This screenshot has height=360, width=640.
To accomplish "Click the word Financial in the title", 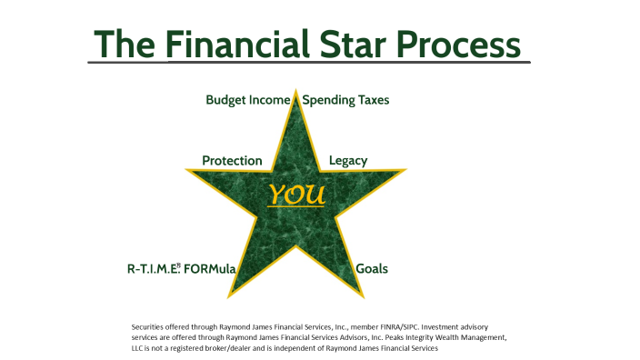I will [x=232, y=43].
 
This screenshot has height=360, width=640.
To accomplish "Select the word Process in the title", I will [x=463, y=43].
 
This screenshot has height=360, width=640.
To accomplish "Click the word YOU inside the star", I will [x=296, y=195].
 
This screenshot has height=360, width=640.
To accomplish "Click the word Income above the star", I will [x=272, y=100].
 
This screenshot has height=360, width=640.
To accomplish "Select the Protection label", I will [x=232, y=161].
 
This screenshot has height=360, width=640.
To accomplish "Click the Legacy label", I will [x=348, y=161].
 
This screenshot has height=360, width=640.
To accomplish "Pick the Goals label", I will [x=371, y=269].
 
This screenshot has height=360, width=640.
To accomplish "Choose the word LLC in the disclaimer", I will [x=138, y=348].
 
